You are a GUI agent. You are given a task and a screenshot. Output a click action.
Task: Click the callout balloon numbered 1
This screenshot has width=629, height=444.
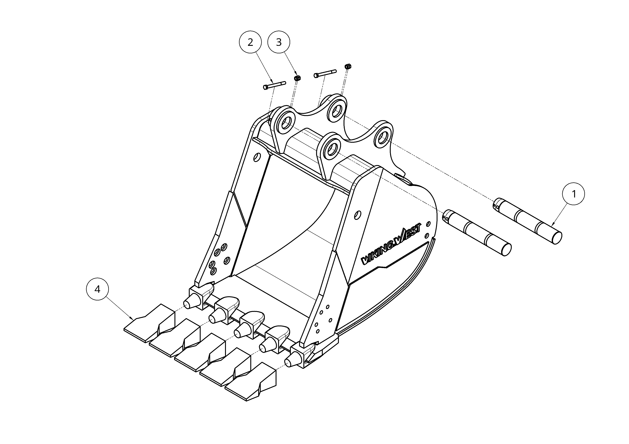pos(573,194)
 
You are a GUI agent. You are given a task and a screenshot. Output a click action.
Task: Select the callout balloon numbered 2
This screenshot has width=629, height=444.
pos(250,42)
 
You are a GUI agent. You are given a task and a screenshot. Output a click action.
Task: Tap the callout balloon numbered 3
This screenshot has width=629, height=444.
pos(279,42)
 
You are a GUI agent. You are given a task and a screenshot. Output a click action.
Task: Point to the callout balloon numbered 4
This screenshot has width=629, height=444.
pos(97,289)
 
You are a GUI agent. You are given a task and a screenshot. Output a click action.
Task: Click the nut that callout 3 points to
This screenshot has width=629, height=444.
pos(296,78)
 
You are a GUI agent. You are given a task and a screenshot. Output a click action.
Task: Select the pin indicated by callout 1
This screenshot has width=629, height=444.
pos(527,221)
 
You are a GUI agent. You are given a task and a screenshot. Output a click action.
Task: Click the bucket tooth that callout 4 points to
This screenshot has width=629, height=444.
pos(149,323)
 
